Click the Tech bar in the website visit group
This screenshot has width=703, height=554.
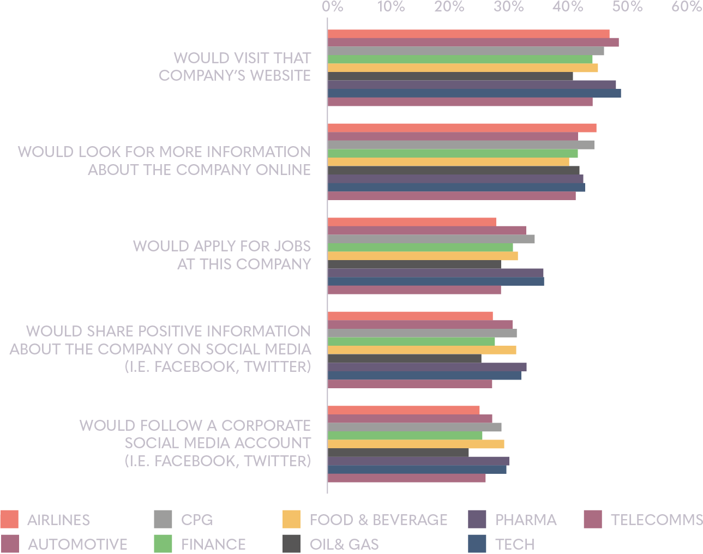pyautogui.click(x=474, y=93)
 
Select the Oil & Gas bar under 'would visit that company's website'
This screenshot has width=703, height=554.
pyautogui.click(x=450, y=76)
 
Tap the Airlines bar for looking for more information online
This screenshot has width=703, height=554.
pyautogui.click(x=461, y=128)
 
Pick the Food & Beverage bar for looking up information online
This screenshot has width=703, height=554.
pyautogui.click(x=448, y=161)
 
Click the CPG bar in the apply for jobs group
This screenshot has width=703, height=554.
pyautogui.click(x=431, y=239)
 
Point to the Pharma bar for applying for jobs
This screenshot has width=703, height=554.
pyautogui.click(x=435, y=273)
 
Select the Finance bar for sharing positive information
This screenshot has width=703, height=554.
pyautogui.click(x=411, y=341)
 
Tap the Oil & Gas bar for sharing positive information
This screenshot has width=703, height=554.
pyautogui.click(x=404, y=358)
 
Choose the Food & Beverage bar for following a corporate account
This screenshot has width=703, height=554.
pyautogui.click(x=416, y=444)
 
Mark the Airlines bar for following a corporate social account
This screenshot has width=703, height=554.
pyautogui.click(x=404, y=410)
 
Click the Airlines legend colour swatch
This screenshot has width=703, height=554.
pyautogui.click(x=9, y=519)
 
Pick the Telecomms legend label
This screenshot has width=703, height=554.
pyautogui.click(x=657, y=520)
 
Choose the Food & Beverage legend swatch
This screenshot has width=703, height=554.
pyautogui.click(x=291, y=519)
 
